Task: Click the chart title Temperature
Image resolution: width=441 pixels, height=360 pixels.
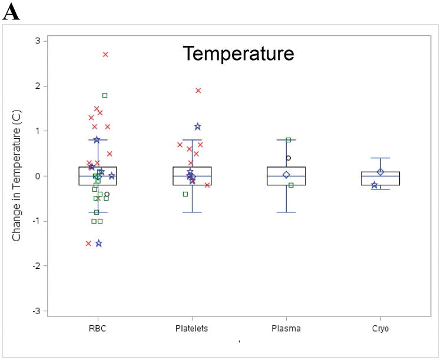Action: pos(238,54)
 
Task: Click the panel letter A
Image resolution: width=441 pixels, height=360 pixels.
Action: pos(11,12)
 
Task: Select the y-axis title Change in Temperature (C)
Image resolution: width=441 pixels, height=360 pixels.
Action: pos(16,176)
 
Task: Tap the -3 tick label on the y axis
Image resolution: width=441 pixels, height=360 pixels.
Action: pos(37,311)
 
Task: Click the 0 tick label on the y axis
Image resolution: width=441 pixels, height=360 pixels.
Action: pos(38,176)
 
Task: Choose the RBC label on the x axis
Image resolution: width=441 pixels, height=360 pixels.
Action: pos(97,328)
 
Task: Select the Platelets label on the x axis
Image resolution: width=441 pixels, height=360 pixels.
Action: pos(191,328)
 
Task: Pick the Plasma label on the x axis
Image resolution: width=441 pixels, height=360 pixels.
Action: pos(286,328)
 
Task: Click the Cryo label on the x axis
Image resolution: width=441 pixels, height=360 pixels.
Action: pos(380,329)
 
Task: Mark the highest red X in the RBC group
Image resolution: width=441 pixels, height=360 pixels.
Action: pos(105,55)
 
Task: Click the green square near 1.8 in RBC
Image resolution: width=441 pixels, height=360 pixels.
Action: pos(105,95)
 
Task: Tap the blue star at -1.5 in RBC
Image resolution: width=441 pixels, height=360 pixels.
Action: pos(99,244)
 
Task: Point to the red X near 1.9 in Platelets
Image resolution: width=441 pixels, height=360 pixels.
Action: pos(198,91)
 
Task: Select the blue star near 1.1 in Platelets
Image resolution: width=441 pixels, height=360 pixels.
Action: pos(198,126)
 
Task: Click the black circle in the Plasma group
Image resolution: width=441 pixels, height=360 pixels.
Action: pos(289,158)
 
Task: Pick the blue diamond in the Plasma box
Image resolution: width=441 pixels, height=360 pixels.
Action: pos(286,175)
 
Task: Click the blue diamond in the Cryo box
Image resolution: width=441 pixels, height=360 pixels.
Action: pos(380,172)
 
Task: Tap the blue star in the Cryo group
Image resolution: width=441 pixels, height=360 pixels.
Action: pos(374,185)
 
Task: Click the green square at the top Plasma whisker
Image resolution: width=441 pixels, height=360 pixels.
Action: pos(289,140)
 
